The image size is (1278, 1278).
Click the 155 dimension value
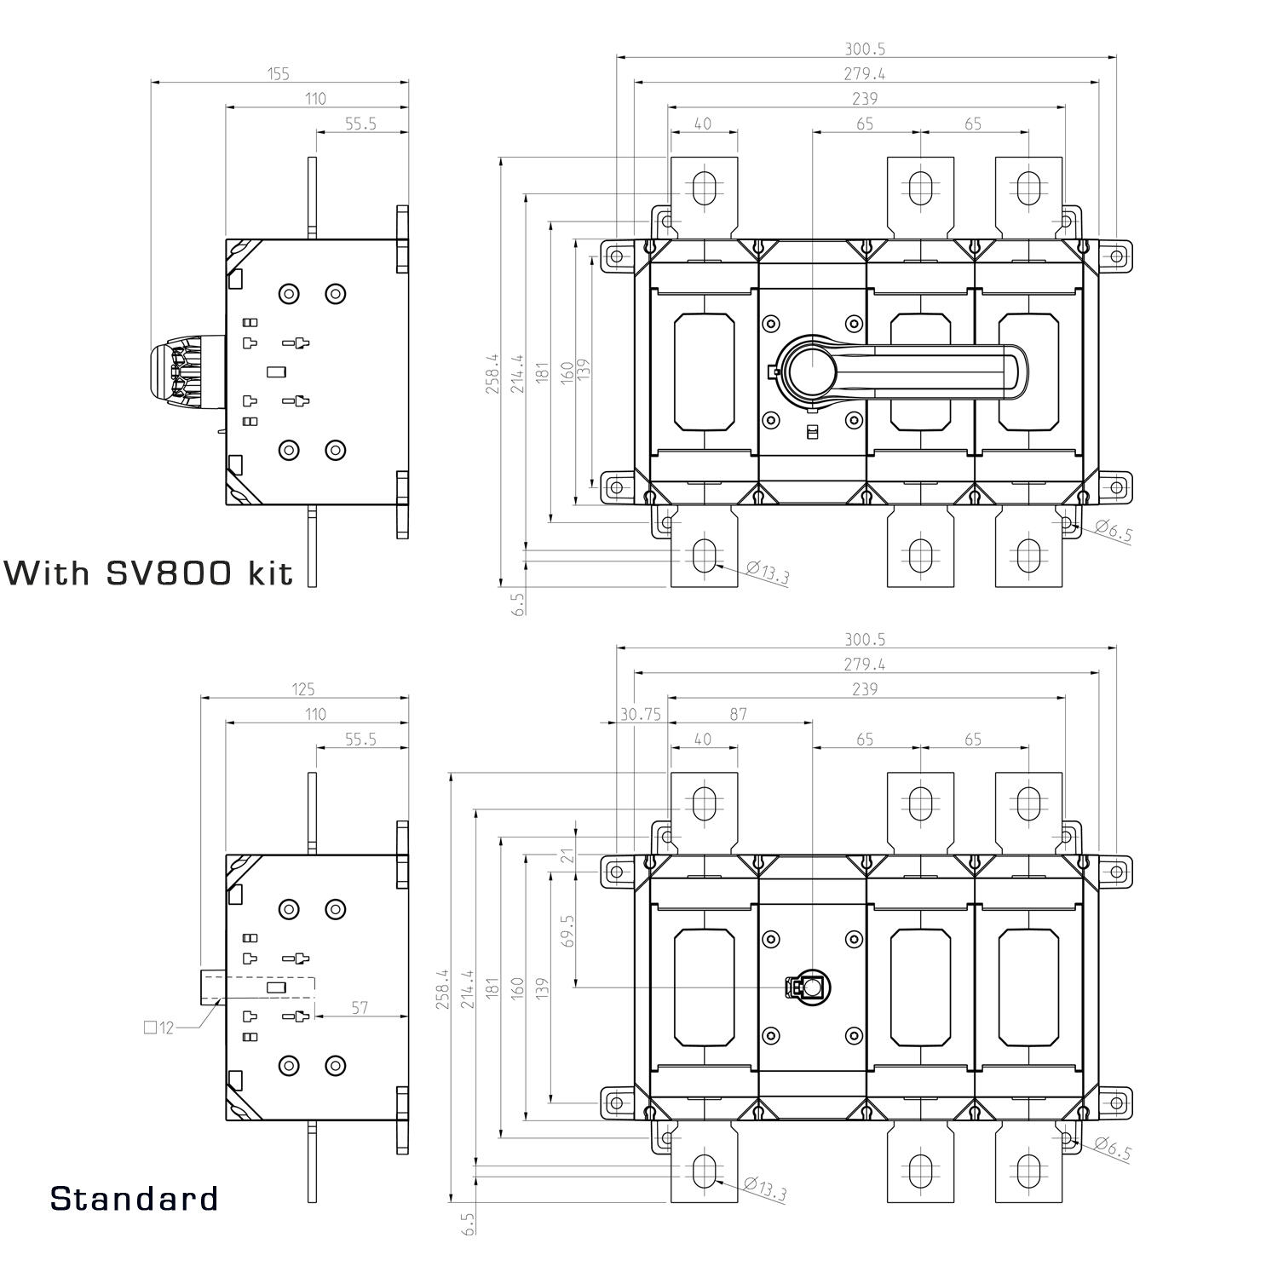pyautogui.click(x=279, y=74)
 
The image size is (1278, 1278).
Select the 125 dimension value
pyautogui.click(x=303, y=689)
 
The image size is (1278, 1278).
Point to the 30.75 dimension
pyautogui.click(x=640, y=714)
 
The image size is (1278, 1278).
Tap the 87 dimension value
pyautogui.click(x=738, y=714)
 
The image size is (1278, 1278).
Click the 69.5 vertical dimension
pyautogui.click(x=568, y=930)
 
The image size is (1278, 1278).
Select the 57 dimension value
pyautogui.click(x=360, y=1008)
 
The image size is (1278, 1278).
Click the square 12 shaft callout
pyautogui.click(x=158, y=1028)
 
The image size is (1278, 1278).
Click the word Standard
pyautogui.click(x=134, y=1198)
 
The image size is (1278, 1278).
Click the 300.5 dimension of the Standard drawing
pyautogui.click(x=865, y=640)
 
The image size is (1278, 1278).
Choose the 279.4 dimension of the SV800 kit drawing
pyautogui.click(x=865, y=74)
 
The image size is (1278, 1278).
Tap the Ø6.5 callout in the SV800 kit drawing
pyautogui.click(x=1113, y=532)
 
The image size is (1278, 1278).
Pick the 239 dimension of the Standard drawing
pyautogui.click(x=865, y=689)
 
